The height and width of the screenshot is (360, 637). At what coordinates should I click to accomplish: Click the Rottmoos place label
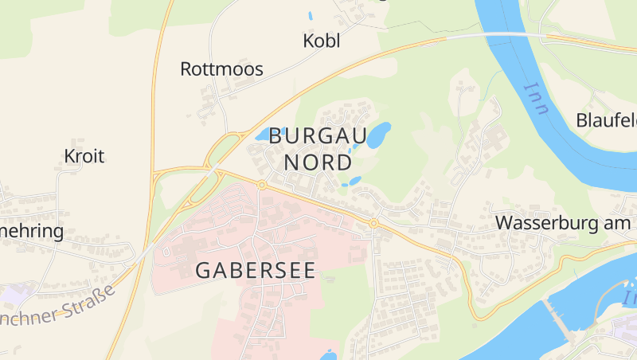[x=221, y=68]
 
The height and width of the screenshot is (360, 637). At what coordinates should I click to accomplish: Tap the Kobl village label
[x=322, y=41]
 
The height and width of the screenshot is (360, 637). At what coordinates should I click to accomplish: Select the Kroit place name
[x=84, y=156]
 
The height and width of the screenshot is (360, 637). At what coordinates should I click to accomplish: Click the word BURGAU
[x=318, y=136]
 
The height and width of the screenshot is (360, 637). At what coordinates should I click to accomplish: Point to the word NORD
[x=318, y=163]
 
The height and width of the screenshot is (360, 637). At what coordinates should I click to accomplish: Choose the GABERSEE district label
[x=255, y=270]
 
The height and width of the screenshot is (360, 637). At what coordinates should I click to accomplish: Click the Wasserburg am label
[x=562, y=223]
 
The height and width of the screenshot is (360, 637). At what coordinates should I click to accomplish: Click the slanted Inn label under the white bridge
[x=536, y=98]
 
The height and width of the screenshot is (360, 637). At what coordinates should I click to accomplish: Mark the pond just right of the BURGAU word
[x=378, y=135]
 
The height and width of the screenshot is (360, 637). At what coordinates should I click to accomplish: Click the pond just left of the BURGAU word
[x=264, y=134]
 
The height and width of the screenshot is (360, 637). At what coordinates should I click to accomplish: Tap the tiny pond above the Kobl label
[x=310, y=15]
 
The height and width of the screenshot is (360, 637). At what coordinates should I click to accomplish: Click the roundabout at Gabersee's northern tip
[x=262, y=185]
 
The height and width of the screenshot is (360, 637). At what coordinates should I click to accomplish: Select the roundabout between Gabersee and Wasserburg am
[x=373, y=224]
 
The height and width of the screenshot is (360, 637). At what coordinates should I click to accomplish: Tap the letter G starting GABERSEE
[x=203, y=270]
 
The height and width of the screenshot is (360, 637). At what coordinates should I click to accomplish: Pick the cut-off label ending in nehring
[x=32, y=232]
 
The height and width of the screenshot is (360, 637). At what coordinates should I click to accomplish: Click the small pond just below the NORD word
[x=353, y=182]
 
